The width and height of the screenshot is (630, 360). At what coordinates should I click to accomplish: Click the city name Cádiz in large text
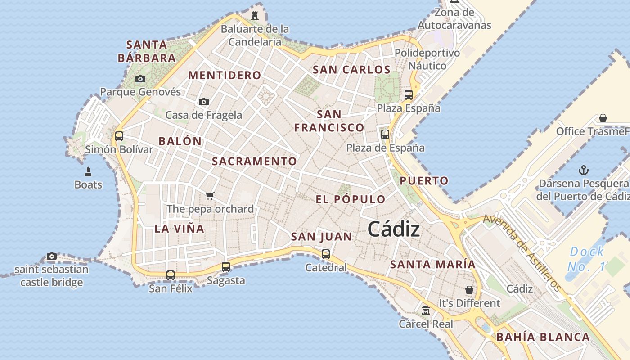point(394,229)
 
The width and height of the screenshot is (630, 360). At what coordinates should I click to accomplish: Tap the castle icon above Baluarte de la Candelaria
point(255,16)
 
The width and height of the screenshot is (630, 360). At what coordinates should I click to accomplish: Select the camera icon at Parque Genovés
point(140,79)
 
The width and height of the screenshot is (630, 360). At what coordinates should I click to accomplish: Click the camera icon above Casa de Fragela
point(204,102)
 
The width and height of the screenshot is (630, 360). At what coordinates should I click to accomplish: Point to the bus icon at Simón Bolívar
point(119,136)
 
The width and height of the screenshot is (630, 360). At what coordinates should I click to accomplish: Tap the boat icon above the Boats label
point(88,171)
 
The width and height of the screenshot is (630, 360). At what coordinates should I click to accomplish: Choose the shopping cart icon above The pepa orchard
point(210,196)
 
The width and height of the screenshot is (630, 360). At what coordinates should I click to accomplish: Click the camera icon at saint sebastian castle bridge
point(52,256)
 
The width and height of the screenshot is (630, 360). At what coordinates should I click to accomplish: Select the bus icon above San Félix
point(171,275)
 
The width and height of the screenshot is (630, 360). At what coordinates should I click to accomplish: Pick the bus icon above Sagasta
point(226,267)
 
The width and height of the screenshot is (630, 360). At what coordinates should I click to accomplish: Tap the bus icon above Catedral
point(326,254)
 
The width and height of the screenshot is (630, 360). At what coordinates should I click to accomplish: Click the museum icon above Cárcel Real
point(426,310)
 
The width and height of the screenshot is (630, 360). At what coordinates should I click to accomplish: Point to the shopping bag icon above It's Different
point(469,290)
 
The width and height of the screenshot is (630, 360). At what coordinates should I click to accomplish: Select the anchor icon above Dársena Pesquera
point(584,170)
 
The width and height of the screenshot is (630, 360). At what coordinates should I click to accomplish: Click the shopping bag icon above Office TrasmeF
point(603,118)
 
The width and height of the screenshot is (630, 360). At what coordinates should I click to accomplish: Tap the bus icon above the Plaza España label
point(409,95)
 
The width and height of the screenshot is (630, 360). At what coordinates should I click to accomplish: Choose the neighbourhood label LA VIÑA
point(180,229)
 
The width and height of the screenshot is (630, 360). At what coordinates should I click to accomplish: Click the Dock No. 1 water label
point(586,259)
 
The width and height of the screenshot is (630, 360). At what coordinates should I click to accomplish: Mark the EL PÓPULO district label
point(351,200)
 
